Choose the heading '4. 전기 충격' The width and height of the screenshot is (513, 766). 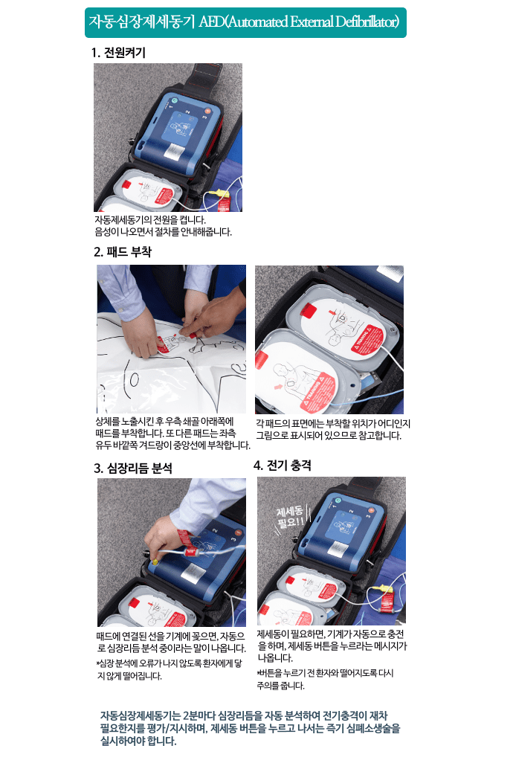pos(282,466)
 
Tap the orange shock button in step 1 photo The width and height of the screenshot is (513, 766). pos(203,118)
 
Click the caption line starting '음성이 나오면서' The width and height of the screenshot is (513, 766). pos(163,231)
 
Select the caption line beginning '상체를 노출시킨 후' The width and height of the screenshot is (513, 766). pos(164,421)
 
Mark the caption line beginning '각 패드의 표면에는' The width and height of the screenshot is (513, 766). pos(332,422)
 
